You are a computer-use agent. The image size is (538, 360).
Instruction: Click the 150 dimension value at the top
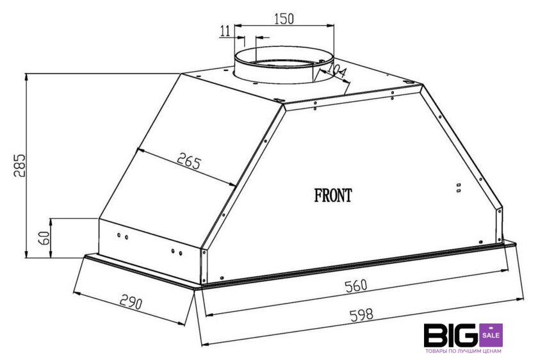(x=284, y=19)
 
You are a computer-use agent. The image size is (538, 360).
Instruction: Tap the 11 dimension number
(x=225, y=31)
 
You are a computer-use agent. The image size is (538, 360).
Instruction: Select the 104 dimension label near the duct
(x=337, y=70)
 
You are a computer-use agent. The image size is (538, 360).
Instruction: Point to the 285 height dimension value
(x=20, y=165)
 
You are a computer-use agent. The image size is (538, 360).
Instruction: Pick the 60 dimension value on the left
(x=44, y=238)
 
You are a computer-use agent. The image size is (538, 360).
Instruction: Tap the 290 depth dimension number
(x=131, y=302)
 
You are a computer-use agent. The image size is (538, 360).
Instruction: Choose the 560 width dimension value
(x=356, y=286)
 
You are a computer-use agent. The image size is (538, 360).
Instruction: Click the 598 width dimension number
(x=361, y=315)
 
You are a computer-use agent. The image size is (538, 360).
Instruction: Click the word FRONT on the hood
(x=333, y=195)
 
